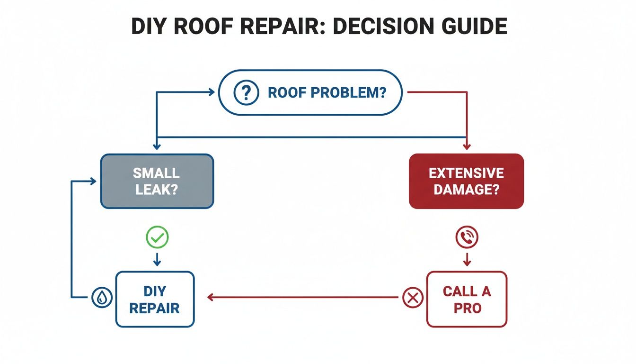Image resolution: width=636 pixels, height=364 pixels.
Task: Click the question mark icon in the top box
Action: [x=246, y=92]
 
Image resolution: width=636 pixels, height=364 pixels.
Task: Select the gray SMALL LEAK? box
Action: [x=157, y=181]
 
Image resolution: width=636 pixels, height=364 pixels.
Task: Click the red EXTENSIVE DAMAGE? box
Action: [x=466, y=181]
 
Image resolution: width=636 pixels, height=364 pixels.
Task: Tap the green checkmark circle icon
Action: [x=157, y=237]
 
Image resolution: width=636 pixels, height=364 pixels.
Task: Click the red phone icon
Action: [x=467, y=237]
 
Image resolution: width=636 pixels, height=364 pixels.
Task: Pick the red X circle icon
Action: [x=412, y=298]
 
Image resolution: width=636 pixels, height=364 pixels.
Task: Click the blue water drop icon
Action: [x=102, y=298]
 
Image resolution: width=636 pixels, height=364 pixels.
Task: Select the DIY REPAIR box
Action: [x=155, y=299]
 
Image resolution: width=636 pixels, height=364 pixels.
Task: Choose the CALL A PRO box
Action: [x=467, y=299]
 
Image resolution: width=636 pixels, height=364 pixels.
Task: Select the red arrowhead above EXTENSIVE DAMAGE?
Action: [x=467, y=147]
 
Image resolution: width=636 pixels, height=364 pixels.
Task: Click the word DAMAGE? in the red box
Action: [x=466, y=190]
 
